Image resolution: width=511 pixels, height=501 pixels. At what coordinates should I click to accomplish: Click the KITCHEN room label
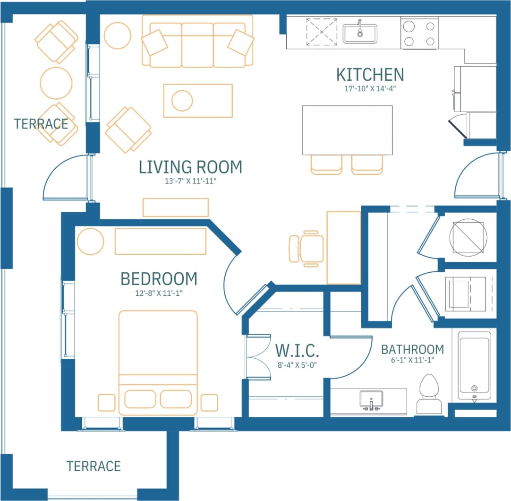pyautogui.click(x=370, y=75)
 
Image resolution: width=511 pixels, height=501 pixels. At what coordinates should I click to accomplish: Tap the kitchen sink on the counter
pyautogui.click(x=359, y=34)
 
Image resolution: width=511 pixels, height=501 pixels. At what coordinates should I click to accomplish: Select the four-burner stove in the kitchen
pyautogui.click(x=418, y=34)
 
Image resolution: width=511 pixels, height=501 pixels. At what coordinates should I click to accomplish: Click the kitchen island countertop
pyautogui.click(x=347, y=130)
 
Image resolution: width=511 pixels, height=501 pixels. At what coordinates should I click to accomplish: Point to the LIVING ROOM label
pyautogui.click(x=190, y=167)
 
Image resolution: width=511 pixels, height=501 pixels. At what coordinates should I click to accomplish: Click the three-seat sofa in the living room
pyautogui.click(x=197, y=42)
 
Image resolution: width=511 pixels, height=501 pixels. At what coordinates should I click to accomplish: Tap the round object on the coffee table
pyautogui.click(x=182, y=100)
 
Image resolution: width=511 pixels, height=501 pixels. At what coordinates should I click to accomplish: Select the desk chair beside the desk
pyautogui.click(x=307, y=248)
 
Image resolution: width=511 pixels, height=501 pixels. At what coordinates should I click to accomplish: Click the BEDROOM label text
pyautogui.click(x=159, y=279)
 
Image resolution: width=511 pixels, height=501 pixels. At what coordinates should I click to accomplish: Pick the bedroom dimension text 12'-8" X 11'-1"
pyautogui.click(x=159, y=293)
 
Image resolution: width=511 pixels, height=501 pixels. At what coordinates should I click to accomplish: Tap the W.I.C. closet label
pyautogui.click(x=298, y=351)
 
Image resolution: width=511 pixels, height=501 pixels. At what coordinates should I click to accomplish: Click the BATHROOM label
pyautogui.click(x=412, y=350)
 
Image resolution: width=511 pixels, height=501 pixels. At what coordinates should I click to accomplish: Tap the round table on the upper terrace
pyautogui.click(x=56, y=83)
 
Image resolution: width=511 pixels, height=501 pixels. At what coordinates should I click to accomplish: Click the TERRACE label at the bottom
pyautogui.click(x=94, y=466)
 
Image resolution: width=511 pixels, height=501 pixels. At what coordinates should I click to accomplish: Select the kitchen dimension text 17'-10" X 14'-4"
pyautogui.click(x=370, y=88)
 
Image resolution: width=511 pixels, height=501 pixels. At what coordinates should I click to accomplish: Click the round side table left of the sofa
pyautogui.click(x=117, y=36)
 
